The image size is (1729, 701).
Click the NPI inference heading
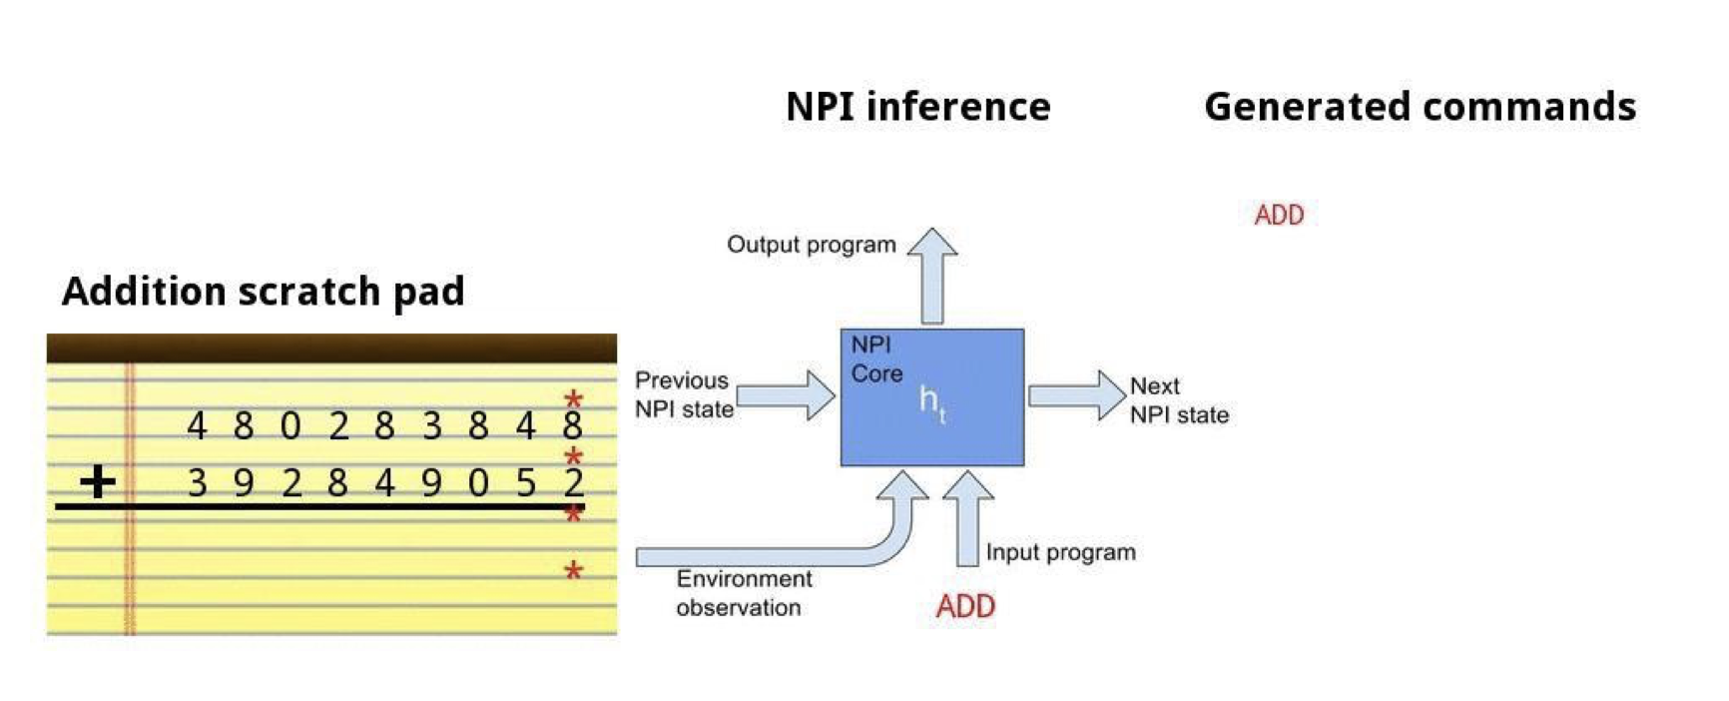click(x=917, y=107)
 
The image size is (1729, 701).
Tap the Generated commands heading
click(x=1420, y=107)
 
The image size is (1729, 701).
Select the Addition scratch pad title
click(x=264, y=292)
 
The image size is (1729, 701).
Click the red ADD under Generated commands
click(x=1279, y=215)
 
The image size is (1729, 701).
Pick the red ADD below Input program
click(x=965, y=606)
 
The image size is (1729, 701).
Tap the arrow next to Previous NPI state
click(x=786, y=395)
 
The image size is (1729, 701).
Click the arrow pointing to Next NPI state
click(x=1077, y=395)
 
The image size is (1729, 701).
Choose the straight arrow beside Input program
click(x=967, y=518)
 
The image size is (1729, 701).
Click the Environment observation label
click(x=743, y=593)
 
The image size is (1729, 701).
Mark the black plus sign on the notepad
click(x=98, y=481)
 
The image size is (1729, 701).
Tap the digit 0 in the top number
click(x=290, y=426)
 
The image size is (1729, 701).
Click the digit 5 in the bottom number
click(x=526, y=483)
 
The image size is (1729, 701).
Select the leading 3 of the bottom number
click(x=197, y=483)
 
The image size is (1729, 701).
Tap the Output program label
click(x=811, y=245)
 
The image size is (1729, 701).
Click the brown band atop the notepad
click(x=331, y=348)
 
